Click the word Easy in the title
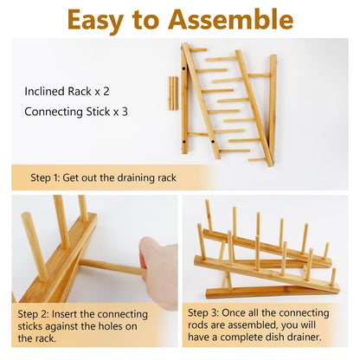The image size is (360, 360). [x=95, y=20]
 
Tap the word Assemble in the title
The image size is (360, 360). [x=231, y=19]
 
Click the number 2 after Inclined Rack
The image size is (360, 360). [x=106, y=92]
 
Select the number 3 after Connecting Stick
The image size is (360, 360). [x=125, y=112]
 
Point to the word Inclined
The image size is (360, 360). [x=45, y=92]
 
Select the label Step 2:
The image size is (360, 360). [x=33, y=314]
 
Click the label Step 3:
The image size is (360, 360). [x=203, y=312]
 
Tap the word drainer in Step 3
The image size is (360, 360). [x=305, y=337]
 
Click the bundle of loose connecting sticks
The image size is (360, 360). [x=173, y=93]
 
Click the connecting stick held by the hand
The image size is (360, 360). [x=112, y=267]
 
